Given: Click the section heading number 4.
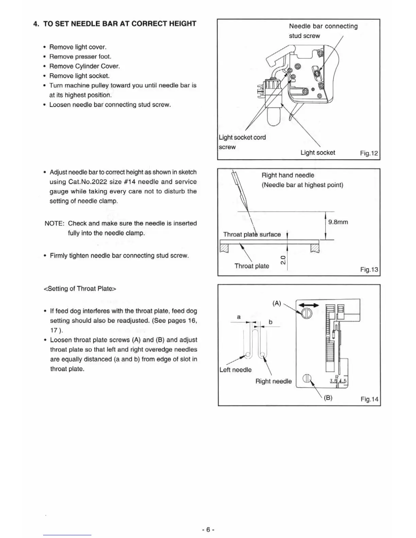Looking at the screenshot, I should [x=36, y=24].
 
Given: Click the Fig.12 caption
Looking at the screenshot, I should [x=369, y=153].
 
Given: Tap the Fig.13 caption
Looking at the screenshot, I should [x=369, y=270].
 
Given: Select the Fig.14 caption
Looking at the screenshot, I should [x=369, y=399].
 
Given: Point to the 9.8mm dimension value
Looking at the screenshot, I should [x=338, y=222].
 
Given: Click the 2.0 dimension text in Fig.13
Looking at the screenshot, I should [x=283, y=260].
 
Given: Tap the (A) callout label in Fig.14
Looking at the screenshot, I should [x=277, y=303].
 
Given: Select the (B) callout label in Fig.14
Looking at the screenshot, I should [x=328, y=398].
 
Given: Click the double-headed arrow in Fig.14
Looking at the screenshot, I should [x=309, y=305].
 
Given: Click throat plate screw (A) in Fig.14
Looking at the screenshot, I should [x=307, y=313].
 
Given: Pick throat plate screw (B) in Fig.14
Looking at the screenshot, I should [x=307, y=378].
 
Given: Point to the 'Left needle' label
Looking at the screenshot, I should [x=236, y=370].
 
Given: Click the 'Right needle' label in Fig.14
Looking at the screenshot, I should [x=273, y=381].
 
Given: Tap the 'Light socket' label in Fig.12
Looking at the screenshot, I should [x=317, y=153].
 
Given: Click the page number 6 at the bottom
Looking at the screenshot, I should [x=208, y=530].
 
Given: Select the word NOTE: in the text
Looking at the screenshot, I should [x=54, y=223].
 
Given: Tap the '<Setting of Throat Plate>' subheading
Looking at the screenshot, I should [x=80, y=289].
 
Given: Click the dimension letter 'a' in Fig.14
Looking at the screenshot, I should [x=239, y=317].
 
